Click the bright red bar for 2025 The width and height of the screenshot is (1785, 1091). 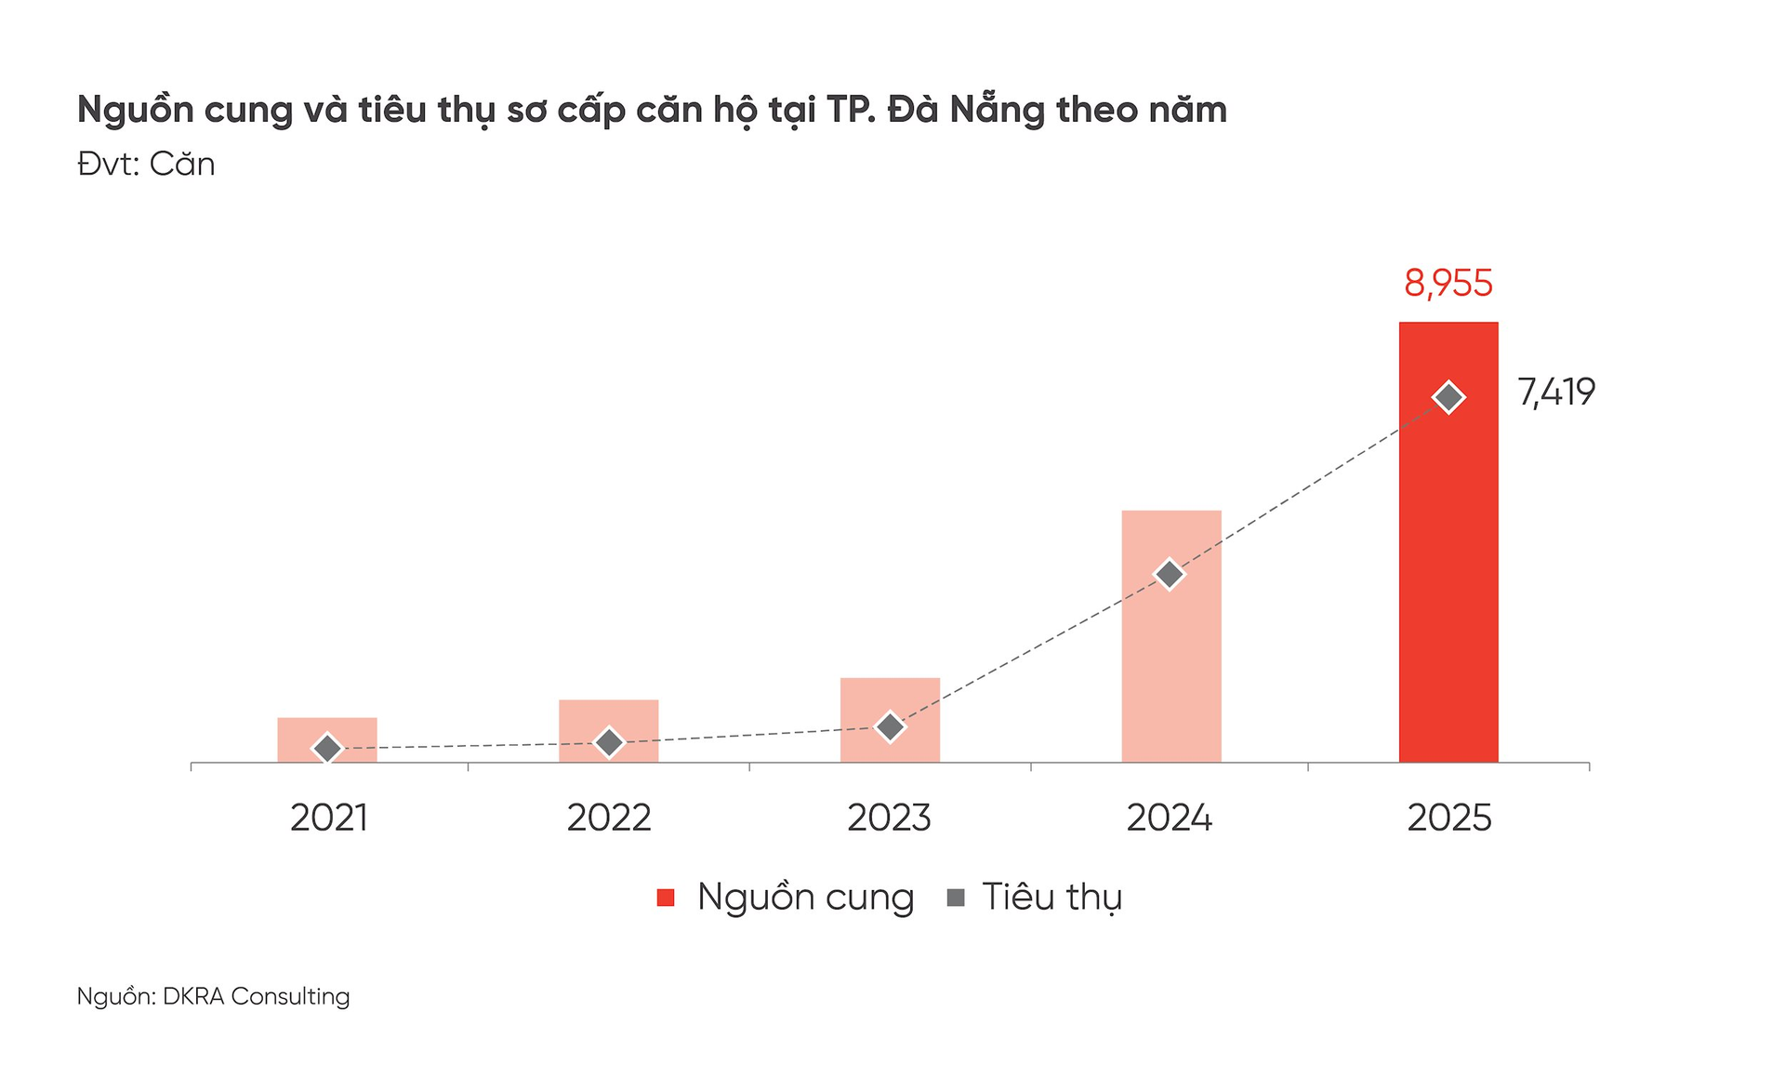(1448, 577)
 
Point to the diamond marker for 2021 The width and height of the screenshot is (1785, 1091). (327, 748)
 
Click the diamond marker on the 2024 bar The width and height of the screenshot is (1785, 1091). (1170, 575)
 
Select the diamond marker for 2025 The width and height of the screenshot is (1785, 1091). (1448, 397)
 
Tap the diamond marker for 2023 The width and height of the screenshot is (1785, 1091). (890, 726)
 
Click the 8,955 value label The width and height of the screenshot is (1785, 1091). (1448, 284)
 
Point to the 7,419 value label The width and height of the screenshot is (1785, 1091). (1556, 392)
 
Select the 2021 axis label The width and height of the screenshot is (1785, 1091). (328, 818)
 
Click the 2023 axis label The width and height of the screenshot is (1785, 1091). (889, 818)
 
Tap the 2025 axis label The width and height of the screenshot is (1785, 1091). (1448, 818)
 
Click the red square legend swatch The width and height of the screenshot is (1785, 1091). (666, 898)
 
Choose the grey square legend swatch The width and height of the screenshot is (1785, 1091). (955, 898)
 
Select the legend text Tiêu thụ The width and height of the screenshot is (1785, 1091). (1051, 898)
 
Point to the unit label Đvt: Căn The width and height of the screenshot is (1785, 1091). (146, 165)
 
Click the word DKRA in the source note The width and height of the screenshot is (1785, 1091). (193, 996)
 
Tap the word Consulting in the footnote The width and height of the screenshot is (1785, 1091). (290, 996)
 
